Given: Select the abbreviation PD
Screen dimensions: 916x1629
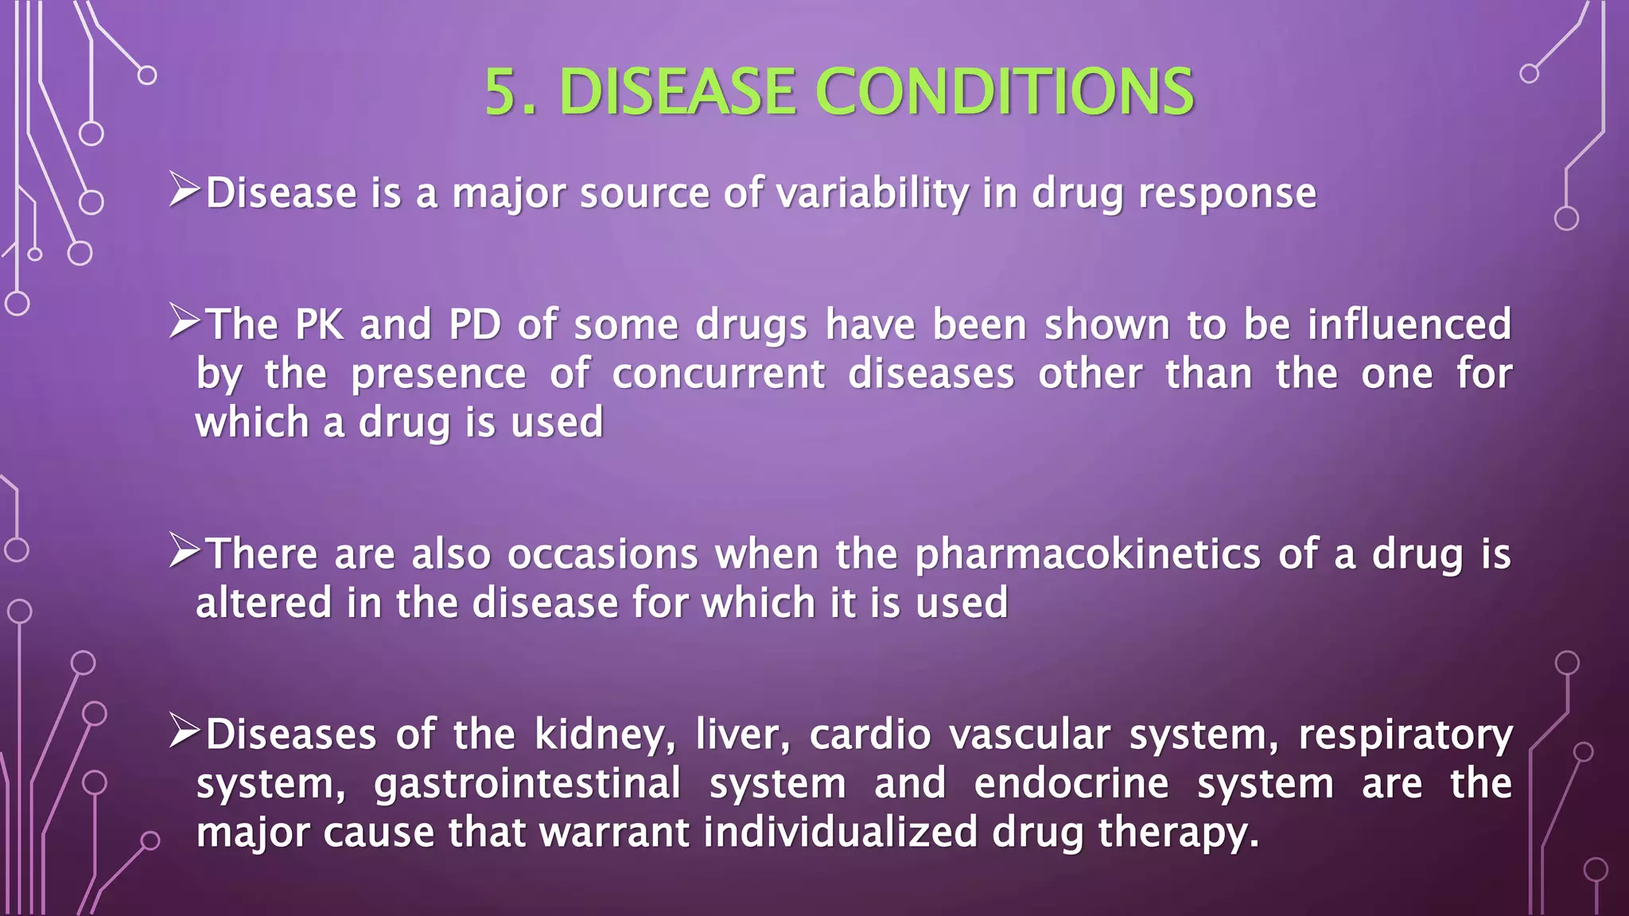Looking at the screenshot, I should pos(475,325).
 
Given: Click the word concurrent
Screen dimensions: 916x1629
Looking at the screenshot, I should pos(718,375).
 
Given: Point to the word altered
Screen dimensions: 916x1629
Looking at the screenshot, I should pos(263,603).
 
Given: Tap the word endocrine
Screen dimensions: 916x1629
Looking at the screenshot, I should pos(1071,784).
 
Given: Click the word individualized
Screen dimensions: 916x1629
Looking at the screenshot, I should pos(840,833).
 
